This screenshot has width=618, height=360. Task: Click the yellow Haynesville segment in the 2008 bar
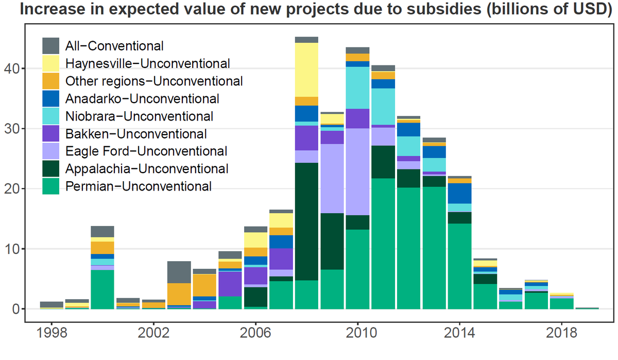(x=306, y=70)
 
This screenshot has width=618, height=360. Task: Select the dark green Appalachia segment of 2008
(x=306, y=221)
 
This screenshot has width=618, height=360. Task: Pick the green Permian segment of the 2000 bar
(x=102, y=289)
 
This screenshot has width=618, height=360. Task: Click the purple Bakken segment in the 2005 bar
(x=230, y=284)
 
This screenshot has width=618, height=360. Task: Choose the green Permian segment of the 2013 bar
(x=434, y=248)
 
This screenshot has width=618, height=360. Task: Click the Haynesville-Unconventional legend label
(x=147, y=64)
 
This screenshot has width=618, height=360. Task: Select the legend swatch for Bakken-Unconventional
(x=51, y=134)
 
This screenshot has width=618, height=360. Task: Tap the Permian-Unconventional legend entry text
(x=138, y=186)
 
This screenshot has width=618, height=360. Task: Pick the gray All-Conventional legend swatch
(x=51, y=46)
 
